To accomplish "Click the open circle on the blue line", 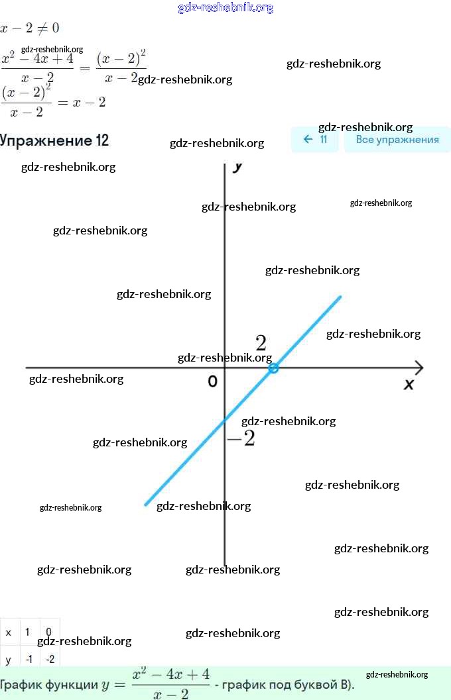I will click(273, 368).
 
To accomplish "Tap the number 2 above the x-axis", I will click(261, 343).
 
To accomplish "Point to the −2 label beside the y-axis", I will click(241, 438).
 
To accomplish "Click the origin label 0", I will click(212, 381).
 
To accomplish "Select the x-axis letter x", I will click(409, 384).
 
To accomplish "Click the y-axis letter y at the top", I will click(237, 167).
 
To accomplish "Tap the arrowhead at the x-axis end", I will click(419, 367).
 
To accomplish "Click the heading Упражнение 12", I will click(54, 140).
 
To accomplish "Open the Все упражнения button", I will click(397, 140).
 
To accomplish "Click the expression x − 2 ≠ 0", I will click(30, 28).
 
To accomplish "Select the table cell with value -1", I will click(29, 660).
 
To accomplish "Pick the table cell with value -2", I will click(48, 660).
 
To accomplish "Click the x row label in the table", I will click(9, 632).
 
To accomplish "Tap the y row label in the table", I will click(9, 660).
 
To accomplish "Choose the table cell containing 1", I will click(28, 632).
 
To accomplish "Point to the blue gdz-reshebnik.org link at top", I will click(225, 8).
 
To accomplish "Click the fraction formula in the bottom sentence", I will click(170, 683).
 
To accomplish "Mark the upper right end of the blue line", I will click(340, 297).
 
